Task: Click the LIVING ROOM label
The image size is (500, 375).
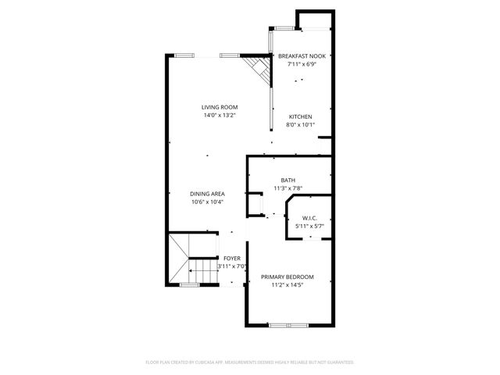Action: [x=220, y=107]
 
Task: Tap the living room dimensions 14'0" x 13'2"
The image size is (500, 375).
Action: [x=220, y=116]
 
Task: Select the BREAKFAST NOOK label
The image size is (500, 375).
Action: [x=302, y=56]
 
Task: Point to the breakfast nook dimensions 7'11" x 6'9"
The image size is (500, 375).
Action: [x=302, y=64]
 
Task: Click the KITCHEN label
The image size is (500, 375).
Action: [x=300, y=116]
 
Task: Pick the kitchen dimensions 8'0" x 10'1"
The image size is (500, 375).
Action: [x=300, y=124]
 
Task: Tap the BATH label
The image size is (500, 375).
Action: [x=288, y=180]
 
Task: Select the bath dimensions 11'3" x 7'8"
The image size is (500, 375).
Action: [x=288, y=188]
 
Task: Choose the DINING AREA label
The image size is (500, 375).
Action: [x=208, y=194]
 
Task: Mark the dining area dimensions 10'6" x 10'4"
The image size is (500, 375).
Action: [x=208, y=202]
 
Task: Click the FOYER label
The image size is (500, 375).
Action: [x=232, y=258]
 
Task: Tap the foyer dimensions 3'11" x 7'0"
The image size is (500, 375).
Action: [x=232, y=266]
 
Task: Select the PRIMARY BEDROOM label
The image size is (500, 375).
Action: [x=287, y=277]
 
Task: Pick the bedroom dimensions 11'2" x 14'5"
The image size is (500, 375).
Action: [x=287, y=285]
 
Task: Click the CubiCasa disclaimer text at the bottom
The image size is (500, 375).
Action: [x=250, y=362]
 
